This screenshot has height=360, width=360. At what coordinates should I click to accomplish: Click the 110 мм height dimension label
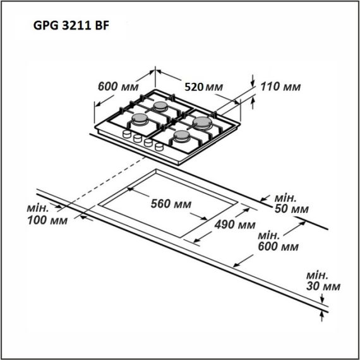pyautogui.click(x=280, y=86)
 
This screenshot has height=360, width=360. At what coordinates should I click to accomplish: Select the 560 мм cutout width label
pyautogui.click(x=171, y=204)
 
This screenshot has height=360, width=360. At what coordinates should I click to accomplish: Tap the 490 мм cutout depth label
pyautogui.click(x=234, y=225)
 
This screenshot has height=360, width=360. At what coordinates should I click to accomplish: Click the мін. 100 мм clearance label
pyautogui.click(x=48, y=215)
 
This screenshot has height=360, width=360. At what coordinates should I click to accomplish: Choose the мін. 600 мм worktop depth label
pyautogui.click(x=279, y=241)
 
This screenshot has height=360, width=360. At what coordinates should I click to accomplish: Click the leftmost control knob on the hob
pyautogui.click(x=127, y=136)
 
